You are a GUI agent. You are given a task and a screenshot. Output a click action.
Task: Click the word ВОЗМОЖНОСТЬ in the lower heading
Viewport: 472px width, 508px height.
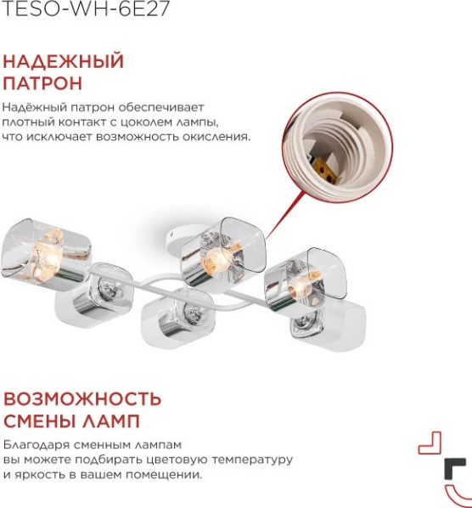click(x=82, y=398)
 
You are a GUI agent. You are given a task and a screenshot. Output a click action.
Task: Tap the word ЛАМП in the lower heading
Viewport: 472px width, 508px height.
click(x=112, y=421)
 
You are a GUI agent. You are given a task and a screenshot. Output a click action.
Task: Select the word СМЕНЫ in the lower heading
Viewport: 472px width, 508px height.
click(x=41, y=421)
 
